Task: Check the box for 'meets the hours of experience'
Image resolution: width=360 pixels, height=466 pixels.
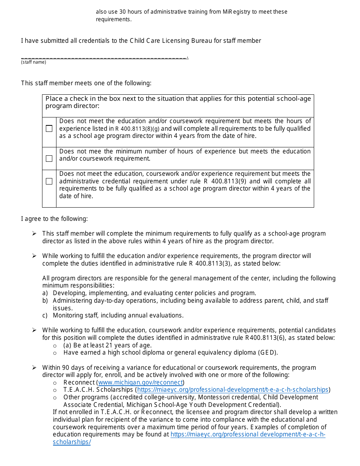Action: pos(49,129)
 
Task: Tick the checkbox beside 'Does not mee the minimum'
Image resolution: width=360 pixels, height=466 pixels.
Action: pos(49,158)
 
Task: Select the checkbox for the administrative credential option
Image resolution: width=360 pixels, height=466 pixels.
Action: pos(49,181)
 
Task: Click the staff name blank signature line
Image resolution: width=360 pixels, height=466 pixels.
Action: pos(104,57)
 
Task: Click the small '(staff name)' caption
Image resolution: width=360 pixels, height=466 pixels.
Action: pos(33,62)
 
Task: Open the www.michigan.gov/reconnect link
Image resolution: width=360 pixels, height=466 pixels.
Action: pos(140,382)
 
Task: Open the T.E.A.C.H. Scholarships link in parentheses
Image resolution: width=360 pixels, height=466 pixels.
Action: pos(232,389)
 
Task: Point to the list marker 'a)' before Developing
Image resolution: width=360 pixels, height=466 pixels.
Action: pos(45,293)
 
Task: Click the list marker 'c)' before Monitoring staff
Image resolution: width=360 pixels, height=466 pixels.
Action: pos(45,315)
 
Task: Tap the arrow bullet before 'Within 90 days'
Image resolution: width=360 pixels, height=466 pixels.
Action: pos(34,367)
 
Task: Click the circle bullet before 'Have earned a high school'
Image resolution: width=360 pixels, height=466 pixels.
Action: pos(55,353)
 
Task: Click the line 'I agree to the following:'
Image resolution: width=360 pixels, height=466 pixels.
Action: pos(54,219)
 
